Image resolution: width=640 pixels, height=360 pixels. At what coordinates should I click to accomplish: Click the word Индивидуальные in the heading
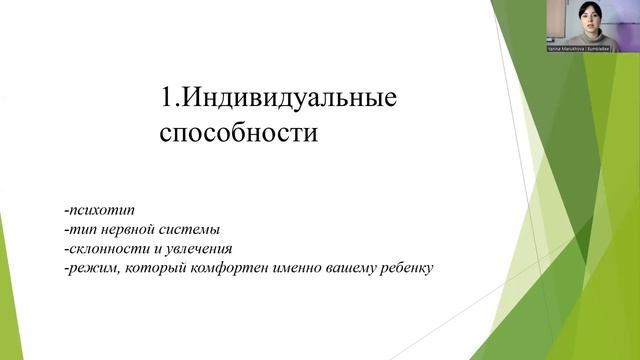coord(289,99)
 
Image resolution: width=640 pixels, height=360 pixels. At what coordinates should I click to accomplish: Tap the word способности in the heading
coord(239,133)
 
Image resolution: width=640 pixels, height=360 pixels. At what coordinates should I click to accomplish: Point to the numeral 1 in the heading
coord(166,99)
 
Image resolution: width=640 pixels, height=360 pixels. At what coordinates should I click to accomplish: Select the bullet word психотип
coord(93,211)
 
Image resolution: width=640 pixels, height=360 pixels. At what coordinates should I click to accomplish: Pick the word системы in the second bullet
coord(193,230)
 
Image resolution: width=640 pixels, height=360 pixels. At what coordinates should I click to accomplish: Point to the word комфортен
coord(216,268)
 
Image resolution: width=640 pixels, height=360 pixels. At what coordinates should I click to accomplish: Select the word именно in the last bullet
coord(286,268)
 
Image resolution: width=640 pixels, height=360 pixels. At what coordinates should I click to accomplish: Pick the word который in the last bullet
coord(150,268)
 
